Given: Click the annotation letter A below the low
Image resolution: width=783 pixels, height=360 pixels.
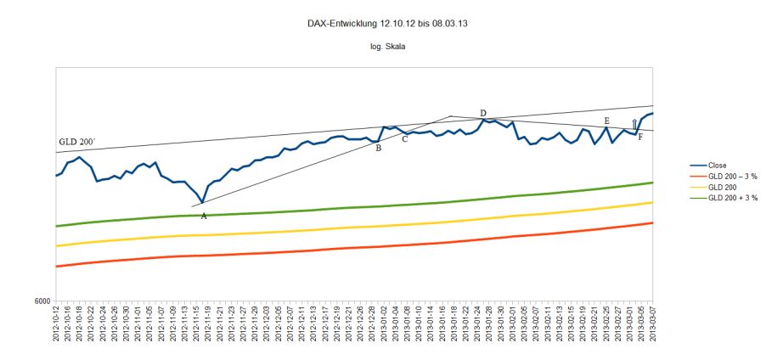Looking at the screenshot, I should click(x=204, y=216).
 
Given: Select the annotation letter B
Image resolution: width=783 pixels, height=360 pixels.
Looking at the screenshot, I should click(x=378, y=148).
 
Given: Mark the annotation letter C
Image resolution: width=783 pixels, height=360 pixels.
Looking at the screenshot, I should click(x=404, y=138).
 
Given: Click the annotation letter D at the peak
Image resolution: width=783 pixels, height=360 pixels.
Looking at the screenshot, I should click(x=482, y=113).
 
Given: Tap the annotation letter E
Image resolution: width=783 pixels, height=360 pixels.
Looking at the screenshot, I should click(x=606, y=121).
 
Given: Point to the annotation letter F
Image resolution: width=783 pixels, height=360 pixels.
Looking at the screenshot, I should click(x=640, y=137).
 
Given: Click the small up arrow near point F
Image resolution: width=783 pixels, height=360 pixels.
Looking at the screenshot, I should click(x=634, y=125).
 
